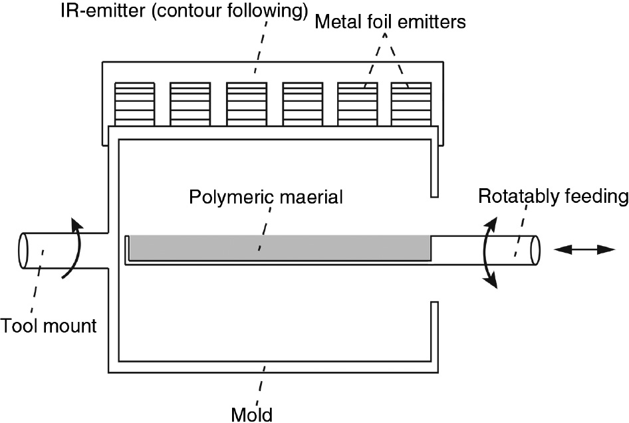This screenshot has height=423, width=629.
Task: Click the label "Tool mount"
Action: click(x=49, y=326)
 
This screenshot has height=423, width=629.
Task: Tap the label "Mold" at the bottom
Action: click(x=251, y=414)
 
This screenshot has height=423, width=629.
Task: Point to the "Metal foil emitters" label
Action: click(x=390, y=22)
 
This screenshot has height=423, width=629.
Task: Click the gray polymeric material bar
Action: click(x=279, y=247)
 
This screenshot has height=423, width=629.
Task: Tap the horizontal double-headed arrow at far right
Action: click(x=585, y=249)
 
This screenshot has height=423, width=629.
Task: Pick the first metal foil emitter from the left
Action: click(x=134, y=104)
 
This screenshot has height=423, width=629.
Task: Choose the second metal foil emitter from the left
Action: click(x=190, y=104)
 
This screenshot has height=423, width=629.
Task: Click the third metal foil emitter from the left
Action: click(x=247, y=104)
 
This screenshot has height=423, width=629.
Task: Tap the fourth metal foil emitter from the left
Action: click(x=303, y=104)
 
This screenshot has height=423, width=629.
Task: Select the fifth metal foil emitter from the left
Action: click(x=358, y=104)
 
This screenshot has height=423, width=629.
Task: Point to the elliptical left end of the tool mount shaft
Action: click(x=25, y=252)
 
